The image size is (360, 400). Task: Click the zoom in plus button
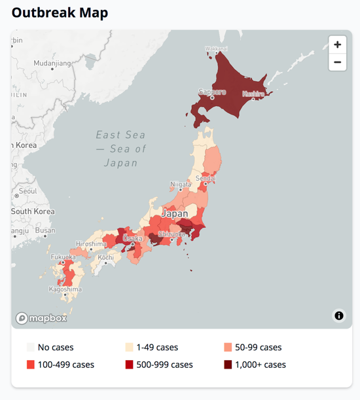point(337,45)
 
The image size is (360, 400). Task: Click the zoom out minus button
point(337,63)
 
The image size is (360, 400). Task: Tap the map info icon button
point(339,316)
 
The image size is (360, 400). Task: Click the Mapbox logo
point(42,318)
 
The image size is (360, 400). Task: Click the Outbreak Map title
point(60,12)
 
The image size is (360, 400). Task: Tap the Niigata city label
point(181,185)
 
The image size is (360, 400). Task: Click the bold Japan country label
point(175,213)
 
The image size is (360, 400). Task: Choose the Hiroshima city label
point(90,244)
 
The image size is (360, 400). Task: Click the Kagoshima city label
point(65,289)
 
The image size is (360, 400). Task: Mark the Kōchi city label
point(106,258)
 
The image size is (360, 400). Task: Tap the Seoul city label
point(28,191)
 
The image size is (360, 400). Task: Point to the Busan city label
point(45,230)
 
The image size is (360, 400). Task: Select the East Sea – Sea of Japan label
point(120,149)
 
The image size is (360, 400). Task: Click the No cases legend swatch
point(30,348)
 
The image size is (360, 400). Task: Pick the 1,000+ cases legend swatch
point(228,365)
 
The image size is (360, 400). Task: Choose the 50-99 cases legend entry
point(253,348)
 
